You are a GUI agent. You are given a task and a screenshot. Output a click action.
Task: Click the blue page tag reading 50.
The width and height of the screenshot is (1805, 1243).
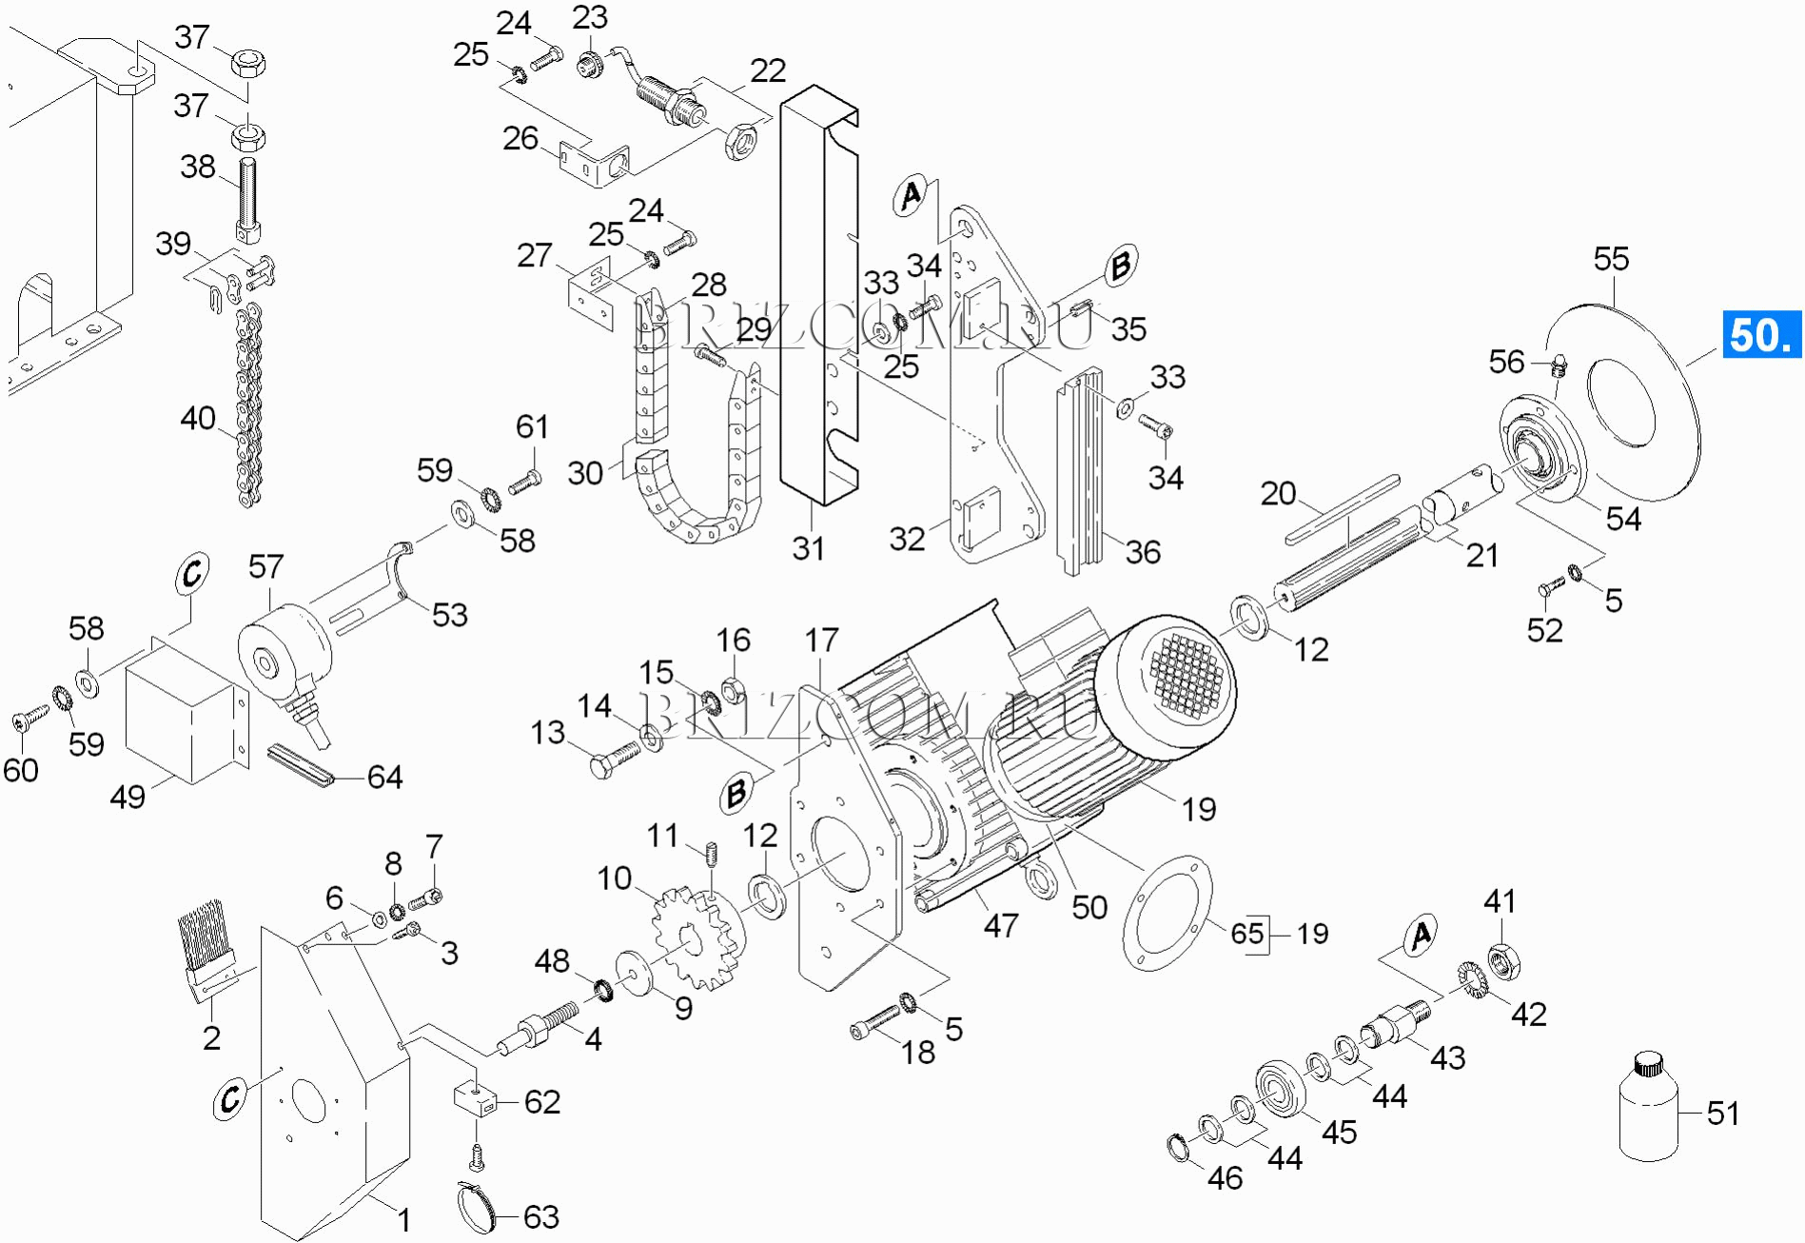point(1762,334)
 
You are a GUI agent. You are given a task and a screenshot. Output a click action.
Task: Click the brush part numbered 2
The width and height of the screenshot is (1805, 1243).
point(210,949)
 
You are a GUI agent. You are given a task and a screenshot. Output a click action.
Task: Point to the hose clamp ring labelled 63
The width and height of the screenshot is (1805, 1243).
point(479,1208)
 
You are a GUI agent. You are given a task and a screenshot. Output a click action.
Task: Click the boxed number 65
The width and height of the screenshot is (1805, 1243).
point(1247,934)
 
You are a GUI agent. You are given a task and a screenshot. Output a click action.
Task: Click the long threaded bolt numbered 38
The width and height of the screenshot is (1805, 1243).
point(248,200)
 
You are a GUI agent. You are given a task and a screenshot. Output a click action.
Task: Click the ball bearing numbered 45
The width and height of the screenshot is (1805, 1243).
point(1282,1089)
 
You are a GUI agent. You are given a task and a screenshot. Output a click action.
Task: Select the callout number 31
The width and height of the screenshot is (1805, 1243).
point(809,549)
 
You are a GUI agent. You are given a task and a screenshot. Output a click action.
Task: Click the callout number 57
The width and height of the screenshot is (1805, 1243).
point(265,567)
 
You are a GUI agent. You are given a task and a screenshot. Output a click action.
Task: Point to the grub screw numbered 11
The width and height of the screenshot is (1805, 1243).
point(710,855)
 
